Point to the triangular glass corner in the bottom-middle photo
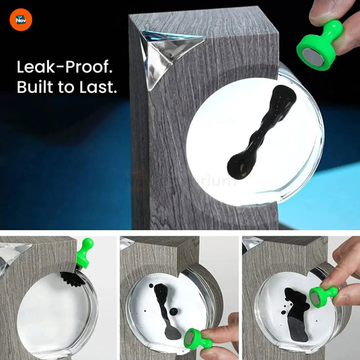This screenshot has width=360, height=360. [x=127, y=244]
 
